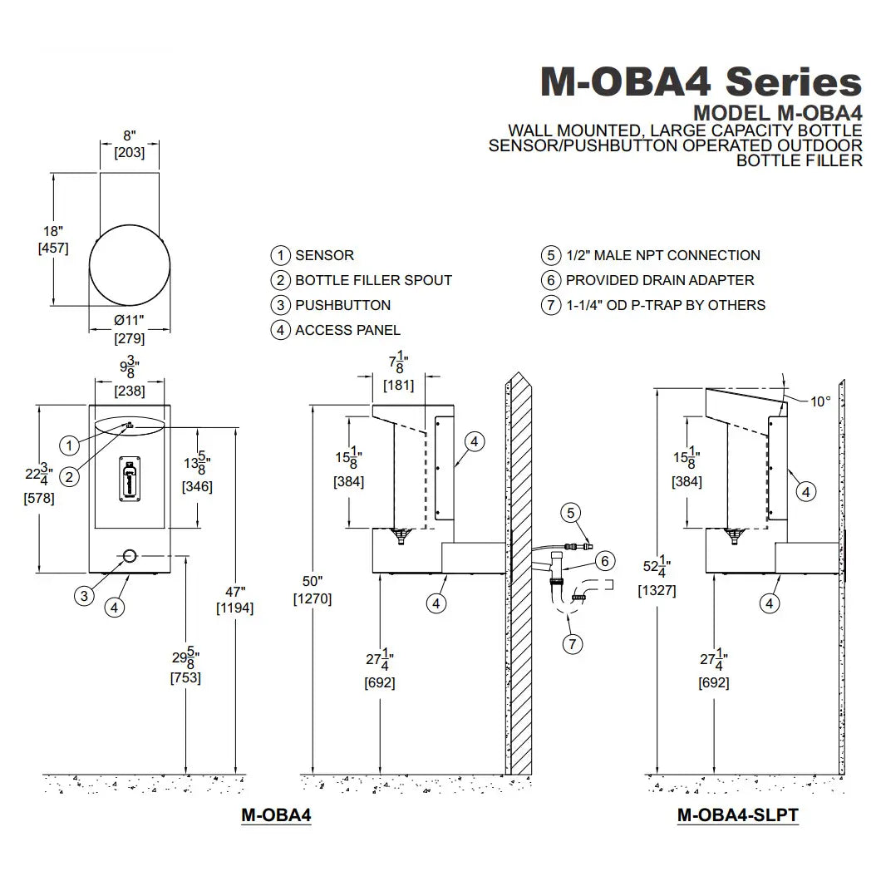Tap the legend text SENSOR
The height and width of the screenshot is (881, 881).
324,255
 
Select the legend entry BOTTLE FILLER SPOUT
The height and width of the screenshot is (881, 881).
373,280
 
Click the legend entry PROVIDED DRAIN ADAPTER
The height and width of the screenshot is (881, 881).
660,280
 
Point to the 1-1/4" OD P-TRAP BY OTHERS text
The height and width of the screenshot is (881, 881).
665,305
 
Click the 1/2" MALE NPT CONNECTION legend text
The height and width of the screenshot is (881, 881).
662,255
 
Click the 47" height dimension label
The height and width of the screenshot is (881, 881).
235,592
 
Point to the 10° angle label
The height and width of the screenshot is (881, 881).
820,401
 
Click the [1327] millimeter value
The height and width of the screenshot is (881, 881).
657,591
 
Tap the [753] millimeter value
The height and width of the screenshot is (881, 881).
185,677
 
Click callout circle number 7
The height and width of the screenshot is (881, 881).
570,642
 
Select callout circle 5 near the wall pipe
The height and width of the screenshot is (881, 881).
570,513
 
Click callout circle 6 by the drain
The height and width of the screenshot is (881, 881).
604,561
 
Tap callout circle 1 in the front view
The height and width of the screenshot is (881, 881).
71,445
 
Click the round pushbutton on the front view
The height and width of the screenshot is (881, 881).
130,555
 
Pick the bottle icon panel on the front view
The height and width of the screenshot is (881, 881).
129,480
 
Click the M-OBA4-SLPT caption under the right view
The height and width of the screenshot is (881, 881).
738,815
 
